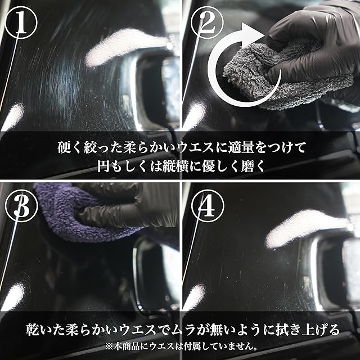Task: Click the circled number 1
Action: click(21, 22)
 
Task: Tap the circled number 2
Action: click(207, 22)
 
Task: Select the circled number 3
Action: click(21, 206)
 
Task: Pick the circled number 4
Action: click(208, 206)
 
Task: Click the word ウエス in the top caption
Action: click(196, 147)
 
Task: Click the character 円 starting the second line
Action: click(103, 166)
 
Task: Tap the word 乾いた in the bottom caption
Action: click(46, 330)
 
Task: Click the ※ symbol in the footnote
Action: click(109, 346)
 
